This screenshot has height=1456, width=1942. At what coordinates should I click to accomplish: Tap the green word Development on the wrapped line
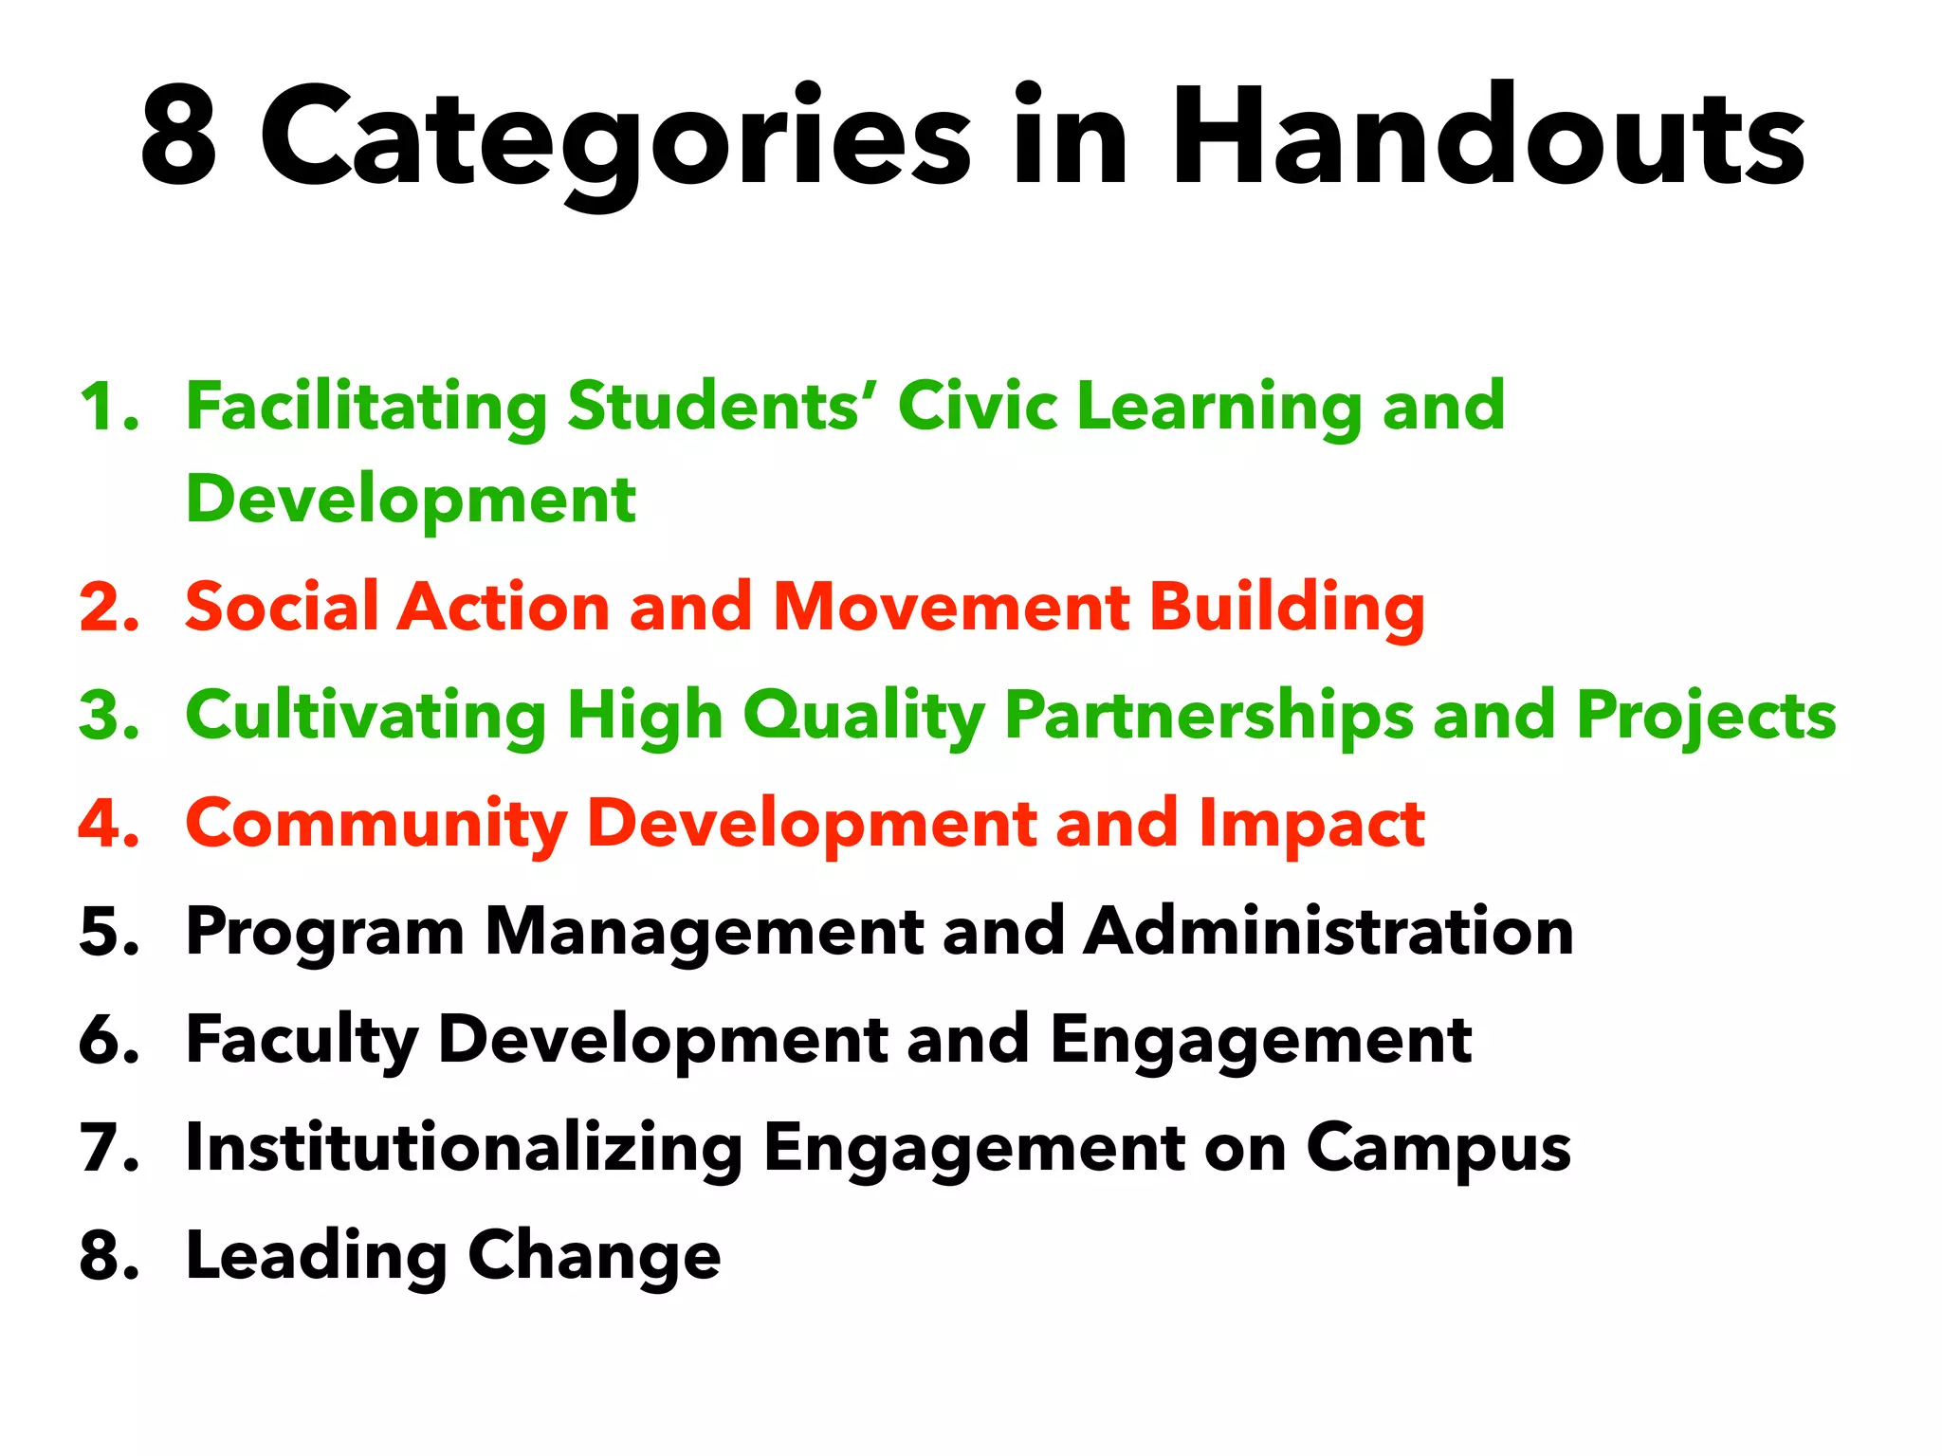[x=411, y=500]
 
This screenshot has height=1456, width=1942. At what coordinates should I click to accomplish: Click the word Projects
[x=1706, y=716]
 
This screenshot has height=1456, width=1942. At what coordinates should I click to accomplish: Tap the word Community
[x=376, y=824]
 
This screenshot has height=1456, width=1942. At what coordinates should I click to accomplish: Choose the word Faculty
[x=302, y=1041]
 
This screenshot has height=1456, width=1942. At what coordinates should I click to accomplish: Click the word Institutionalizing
[x=464, y=1149]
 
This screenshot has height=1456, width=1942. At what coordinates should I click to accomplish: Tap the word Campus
[x=1438, y=1149]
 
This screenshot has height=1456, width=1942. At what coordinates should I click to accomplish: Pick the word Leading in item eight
[x=317, y=1257]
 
